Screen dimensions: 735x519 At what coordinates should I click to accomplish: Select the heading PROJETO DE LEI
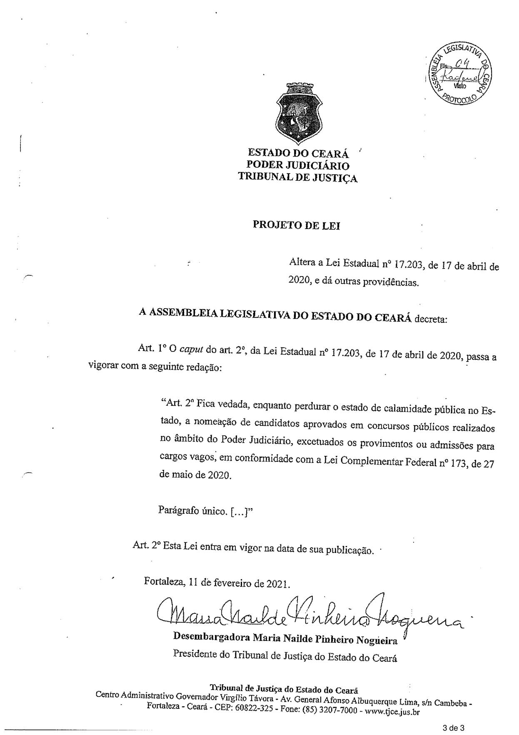(296, 225)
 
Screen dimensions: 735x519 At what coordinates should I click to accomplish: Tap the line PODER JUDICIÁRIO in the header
(297, 166)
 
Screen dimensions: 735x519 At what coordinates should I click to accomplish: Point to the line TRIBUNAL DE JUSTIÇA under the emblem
(297, 178)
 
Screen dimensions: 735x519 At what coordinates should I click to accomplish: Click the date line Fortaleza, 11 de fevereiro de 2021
(217, 583)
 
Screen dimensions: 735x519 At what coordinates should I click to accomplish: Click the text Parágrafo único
(192, 511)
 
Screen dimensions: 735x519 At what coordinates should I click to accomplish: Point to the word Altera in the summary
(302, 263)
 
